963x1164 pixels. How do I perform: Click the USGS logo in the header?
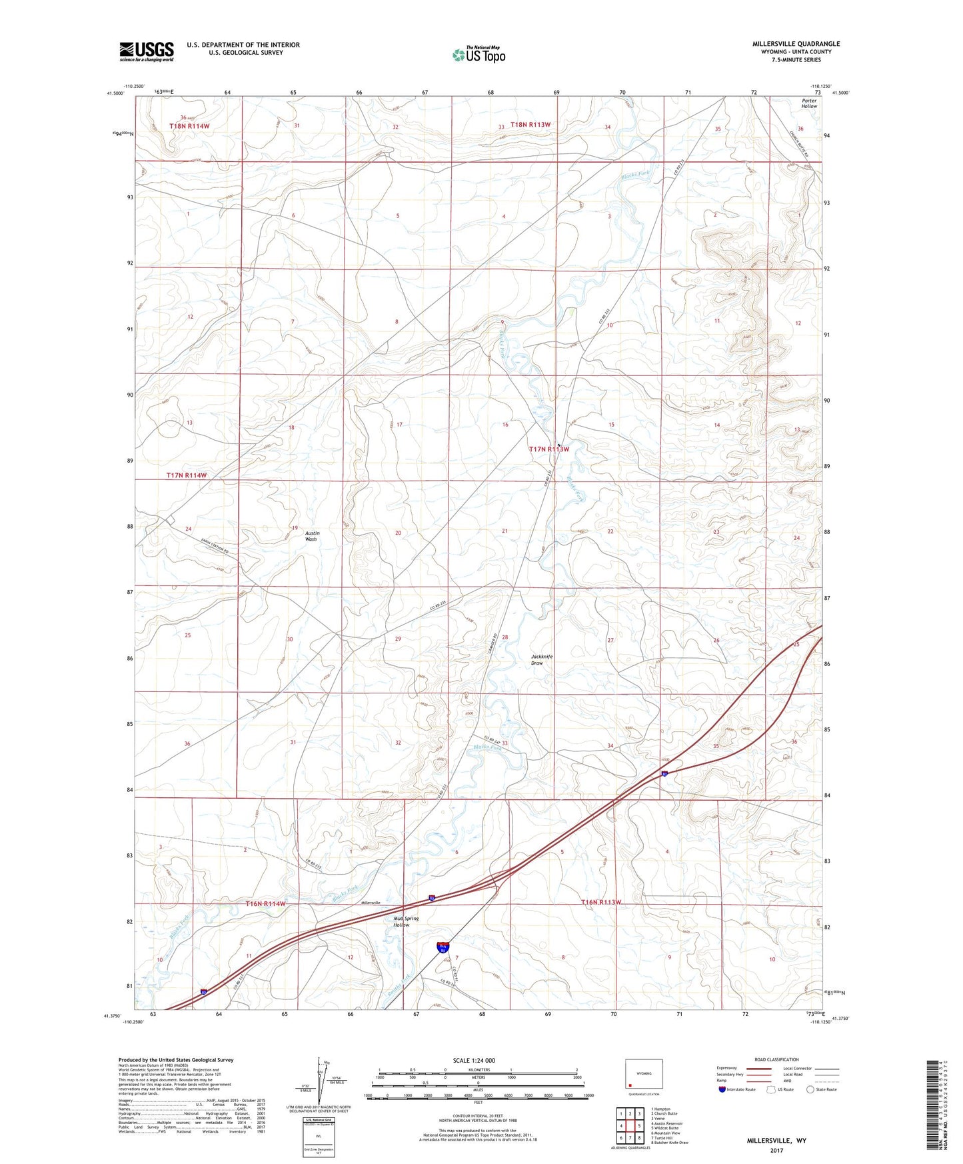[147, 51]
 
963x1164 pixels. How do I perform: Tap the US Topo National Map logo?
[479, 54]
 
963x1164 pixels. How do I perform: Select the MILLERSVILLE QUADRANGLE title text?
[796, 44]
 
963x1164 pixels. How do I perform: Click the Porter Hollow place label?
[809, 103]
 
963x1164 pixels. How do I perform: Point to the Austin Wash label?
[311, 536]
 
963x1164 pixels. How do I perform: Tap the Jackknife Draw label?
[542, 660]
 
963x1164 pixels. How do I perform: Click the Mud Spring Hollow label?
[406, 921]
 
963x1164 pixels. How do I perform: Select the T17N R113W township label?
[549, 449]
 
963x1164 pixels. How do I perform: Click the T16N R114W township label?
[265, 903]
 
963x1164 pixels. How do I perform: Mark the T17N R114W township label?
[187, 475]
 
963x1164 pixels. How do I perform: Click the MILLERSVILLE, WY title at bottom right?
[776, 1141]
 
